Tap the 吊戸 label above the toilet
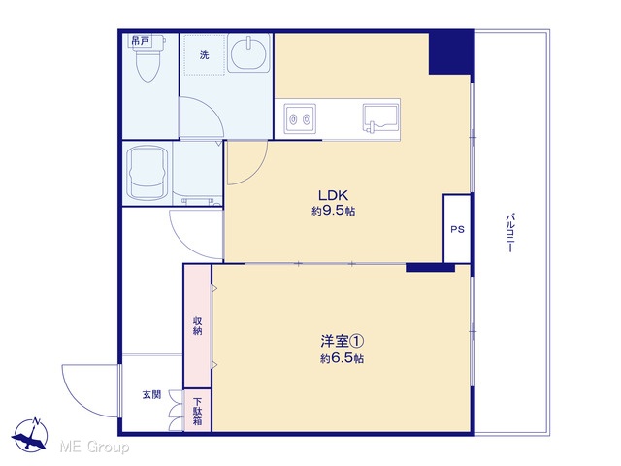coord(141,41)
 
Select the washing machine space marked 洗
coord(204,54)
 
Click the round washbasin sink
coord(248,53)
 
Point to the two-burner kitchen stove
coord(300,118)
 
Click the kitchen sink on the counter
coord(380,117)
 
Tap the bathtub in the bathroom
coord(147,173)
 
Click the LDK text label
coord(333,195)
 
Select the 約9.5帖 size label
coord(333,211)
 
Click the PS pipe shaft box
coord(457,229)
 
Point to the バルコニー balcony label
coord(510,233)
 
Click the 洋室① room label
coord(343,341)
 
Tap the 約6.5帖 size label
coord(343,358)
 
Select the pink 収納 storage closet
coord(197,326)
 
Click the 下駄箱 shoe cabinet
coord(197,411)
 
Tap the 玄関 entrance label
coord(151,395)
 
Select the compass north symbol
coord(30,435)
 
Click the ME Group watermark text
coord(94,447)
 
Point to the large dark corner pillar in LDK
coord(452,52)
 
